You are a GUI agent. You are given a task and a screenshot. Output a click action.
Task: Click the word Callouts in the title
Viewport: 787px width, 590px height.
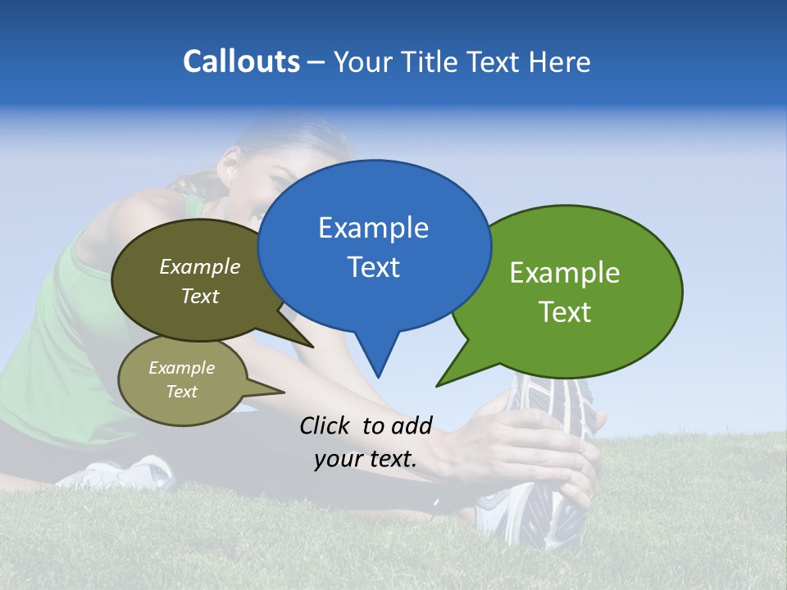click(x=241, y=61)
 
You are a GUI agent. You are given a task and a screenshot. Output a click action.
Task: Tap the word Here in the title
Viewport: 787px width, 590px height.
click(x=561, y=61)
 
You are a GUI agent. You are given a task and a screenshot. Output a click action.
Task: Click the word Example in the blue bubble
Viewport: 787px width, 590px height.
click(x=373, y=228)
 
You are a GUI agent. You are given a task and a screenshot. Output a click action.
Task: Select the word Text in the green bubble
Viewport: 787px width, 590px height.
click(x=566, y=312)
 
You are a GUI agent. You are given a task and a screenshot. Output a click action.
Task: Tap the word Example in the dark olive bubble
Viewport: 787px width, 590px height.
click(x=200, y=267)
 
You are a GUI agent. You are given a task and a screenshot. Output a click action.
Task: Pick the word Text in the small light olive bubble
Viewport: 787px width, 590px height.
click(x=182, y=392)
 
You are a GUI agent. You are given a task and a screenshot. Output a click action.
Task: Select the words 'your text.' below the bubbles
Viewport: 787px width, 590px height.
click(x=366, y=459)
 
